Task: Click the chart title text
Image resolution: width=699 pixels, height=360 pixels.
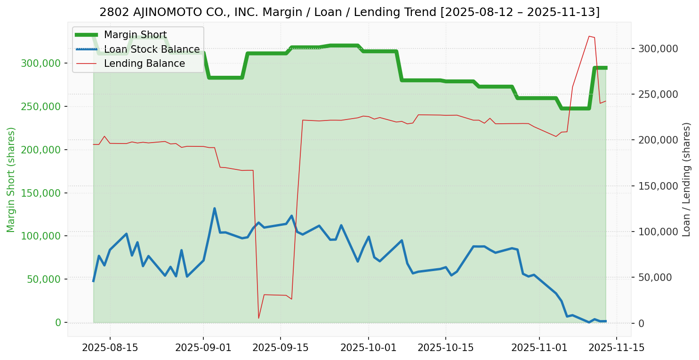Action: click(349, 12)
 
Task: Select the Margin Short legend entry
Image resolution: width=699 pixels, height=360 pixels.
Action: click(135, 35)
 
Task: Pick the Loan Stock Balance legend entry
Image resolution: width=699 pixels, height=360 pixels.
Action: click(152, 49)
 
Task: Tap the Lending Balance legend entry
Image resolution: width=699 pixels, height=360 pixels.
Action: click(144, 64)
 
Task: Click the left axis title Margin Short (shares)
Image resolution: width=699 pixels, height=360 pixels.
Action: click(11, 179)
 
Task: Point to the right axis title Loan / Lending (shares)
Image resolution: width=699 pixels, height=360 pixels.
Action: click(686, 179)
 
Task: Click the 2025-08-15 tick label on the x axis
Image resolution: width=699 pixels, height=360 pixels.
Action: click(110, 348)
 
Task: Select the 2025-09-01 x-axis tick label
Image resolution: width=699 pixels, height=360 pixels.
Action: click(203, 348)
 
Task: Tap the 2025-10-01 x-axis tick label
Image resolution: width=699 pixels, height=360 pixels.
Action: click(368, 348)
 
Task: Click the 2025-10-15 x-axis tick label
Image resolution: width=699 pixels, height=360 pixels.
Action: click(445, 348)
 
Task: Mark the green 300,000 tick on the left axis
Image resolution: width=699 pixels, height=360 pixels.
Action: click(42, 64)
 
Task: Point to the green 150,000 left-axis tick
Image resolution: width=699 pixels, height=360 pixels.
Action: click(42, 193)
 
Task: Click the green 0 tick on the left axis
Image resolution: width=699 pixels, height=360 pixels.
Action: click(58, 323)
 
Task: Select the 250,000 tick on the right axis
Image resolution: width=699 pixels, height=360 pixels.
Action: click(658, 94)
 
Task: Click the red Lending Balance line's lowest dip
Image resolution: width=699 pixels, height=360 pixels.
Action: click(258, 318)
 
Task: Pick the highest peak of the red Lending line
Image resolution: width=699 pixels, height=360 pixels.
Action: click(589, 36)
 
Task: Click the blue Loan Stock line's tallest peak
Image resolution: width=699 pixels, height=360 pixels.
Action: click(214, 208)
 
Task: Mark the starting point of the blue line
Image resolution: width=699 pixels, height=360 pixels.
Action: click(93, 281)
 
